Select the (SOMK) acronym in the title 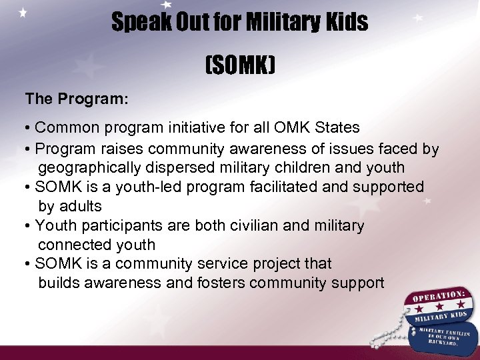pos(240,66)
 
